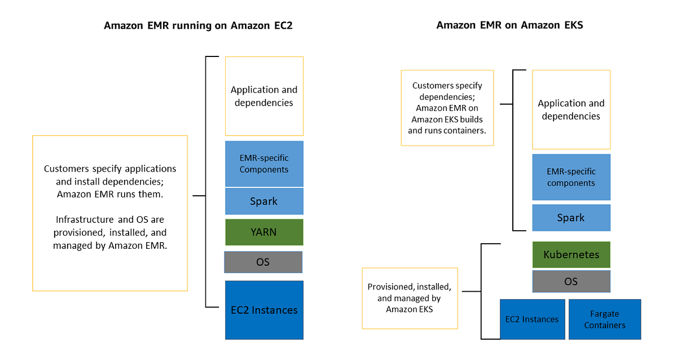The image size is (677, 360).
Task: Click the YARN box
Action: pos(264,232)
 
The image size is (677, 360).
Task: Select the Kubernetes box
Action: pos(571,254)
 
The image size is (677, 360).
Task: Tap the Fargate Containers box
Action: pos(605,319)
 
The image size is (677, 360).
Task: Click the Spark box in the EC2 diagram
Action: pos(264,201)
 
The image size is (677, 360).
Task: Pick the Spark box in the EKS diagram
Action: pos(571,218)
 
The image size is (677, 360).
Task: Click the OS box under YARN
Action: pos(263,262)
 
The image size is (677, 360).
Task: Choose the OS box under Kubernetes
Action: pos(571,281)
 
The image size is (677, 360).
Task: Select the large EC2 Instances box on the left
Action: pos(264,310)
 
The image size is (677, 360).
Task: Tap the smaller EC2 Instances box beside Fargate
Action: pos(532,319)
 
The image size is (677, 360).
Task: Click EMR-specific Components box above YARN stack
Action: pos(264,164)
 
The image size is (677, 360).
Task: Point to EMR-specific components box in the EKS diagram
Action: pos(571,177)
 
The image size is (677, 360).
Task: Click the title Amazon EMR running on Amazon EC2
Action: pos(198,26)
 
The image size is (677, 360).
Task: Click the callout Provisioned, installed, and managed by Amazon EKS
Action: pos(409,298)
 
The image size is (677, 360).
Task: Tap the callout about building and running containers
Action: pos(447,108)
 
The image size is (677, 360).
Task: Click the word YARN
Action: pos(264,232)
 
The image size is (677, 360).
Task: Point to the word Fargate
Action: pos(604,314)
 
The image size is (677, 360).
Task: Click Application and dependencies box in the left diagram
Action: pos(264,96)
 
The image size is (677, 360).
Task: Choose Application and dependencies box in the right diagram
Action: pos(571,109)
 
